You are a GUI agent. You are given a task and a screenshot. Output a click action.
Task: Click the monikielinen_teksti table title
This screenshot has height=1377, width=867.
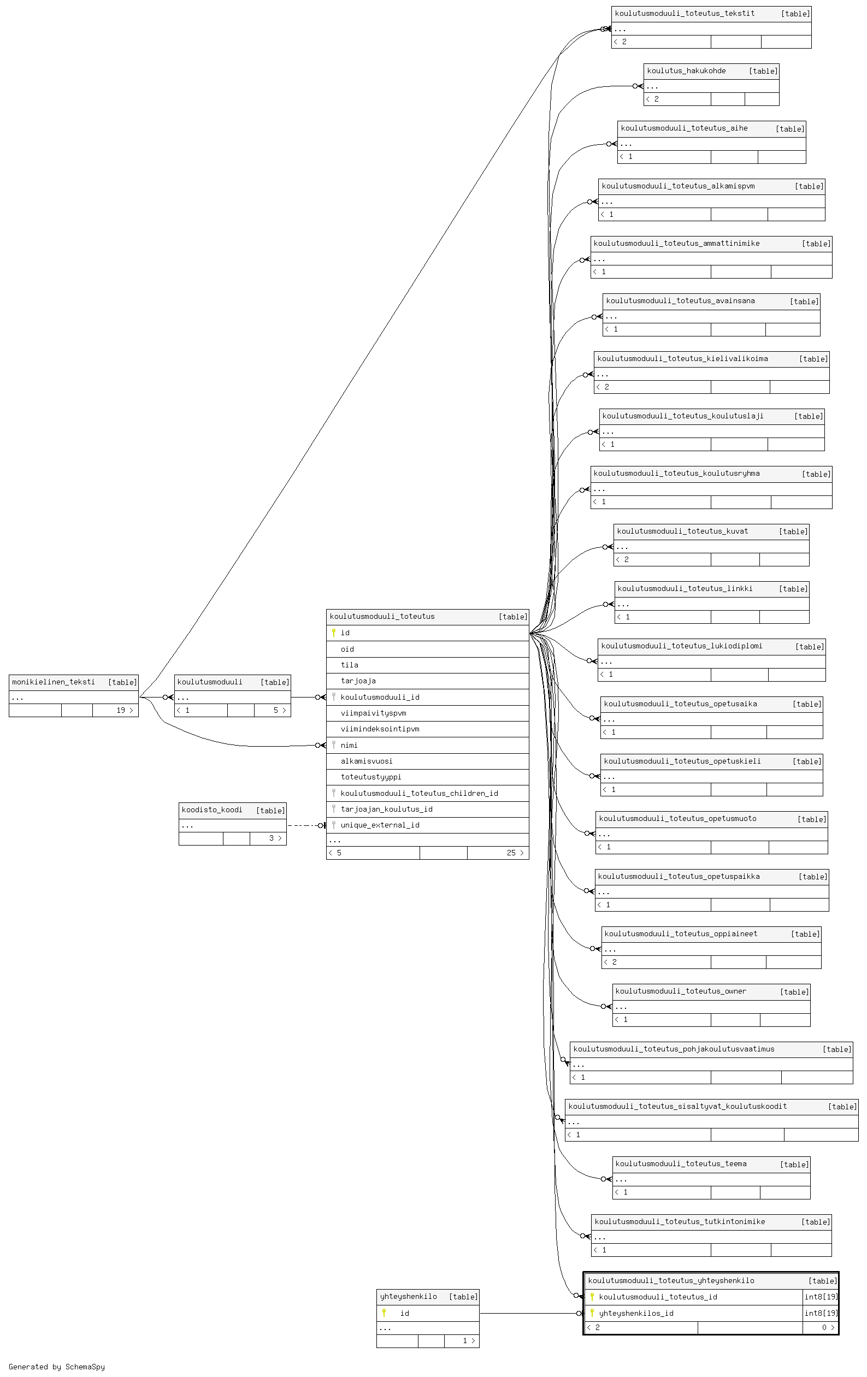pos(53,682)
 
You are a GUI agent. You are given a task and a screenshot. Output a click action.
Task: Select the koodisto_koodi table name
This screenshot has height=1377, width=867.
pos(211,809)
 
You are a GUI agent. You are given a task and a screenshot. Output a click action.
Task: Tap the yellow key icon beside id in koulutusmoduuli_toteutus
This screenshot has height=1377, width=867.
pos(333,633)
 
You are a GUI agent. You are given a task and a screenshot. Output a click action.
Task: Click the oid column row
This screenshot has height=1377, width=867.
pos(427,649)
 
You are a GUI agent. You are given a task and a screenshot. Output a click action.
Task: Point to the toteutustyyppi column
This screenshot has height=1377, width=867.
pos(370,777)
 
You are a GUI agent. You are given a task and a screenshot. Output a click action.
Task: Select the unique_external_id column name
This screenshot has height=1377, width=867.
pos(380,825)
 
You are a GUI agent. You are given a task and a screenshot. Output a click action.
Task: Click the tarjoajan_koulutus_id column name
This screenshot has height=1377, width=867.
pos(387,808)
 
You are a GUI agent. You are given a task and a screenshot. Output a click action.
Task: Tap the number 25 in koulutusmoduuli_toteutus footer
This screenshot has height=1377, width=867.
pos(511,853)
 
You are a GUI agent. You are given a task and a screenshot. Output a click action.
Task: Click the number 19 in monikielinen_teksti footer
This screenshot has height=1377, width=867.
pos(121,710)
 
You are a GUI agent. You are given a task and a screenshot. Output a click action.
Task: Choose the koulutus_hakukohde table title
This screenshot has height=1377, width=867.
pos(686,71)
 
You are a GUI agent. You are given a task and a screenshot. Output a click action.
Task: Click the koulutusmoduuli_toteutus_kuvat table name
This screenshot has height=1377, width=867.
pos(682,531)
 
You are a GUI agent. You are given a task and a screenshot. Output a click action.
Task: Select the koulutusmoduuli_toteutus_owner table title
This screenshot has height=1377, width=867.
pos(681,991)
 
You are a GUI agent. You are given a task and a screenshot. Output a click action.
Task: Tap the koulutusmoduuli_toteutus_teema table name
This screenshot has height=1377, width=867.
pos(681,1163)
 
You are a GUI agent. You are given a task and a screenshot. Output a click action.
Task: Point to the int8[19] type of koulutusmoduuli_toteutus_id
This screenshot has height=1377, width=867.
pos(821,1297)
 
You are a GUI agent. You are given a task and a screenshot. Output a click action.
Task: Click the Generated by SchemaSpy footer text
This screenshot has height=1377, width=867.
pos(57,1367)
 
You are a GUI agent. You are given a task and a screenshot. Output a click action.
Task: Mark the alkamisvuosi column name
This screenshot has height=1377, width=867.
pos(367,760)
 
